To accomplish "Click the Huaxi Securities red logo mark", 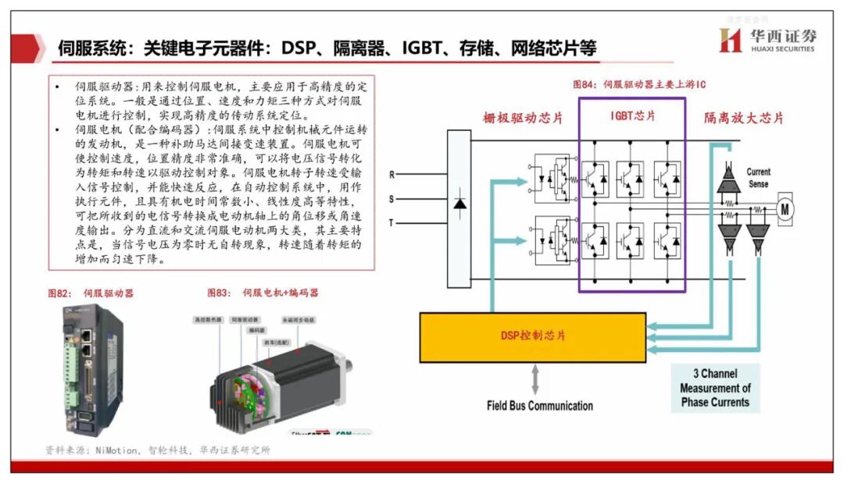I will tap(730, 40).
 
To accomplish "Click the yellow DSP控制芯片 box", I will tap(533, 336).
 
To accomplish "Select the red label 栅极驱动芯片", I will tap(523, 119).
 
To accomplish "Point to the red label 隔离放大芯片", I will tap(743, 119).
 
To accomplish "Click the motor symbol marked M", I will tap(785, 209).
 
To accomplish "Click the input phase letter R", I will tap(392, 174).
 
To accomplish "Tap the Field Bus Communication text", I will tap(539, 405).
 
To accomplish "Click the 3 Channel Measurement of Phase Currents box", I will tap(714, 388).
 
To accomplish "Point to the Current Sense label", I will tap(757, 178).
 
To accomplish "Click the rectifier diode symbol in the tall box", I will tap(460, 204).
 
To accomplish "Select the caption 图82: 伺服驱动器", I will tap(91, 293).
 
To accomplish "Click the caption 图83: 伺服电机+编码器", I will tap(263, 293).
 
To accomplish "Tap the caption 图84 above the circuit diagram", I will tap(639, 83).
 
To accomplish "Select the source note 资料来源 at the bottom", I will tap(157, 450).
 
